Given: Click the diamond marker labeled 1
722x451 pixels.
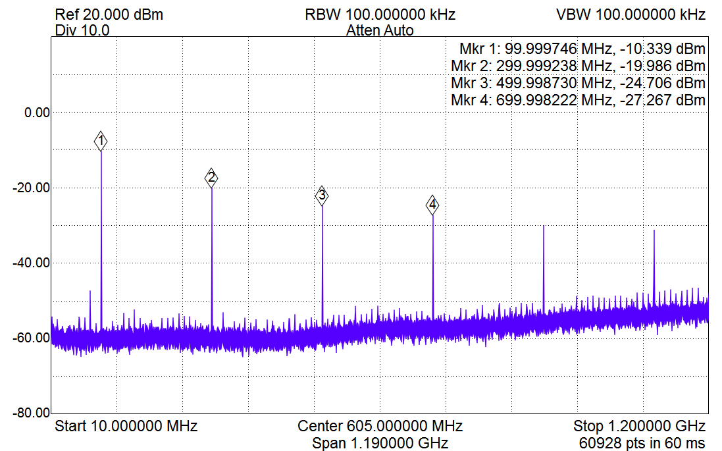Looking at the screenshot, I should click(x=101, y=141).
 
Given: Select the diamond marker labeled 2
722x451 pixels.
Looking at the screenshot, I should click(x=211, y=177).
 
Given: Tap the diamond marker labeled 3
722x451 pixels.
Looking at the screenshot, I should click(x=322, y=196).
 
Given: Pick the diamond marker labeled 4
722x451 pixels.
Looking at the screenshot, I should click(x=432, y=205).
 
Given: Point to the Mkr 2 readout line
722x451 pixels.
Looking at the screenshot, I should click(x=579, y=66).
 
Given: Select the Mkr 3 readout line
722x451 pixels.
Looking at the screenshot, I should click(x=579, y=83).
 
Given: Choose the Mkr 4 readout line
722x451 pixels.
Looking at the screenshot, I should click(x=579, y=100).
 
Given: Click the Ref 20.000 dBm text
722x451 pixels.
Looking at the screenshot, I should click(x=109, y=14).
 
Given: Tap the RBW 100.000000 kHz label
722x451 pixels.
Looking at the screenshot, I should click(x=380, y=14).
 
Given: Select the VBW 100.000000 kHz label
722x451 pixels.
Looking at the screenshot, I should click(x=631, y=14).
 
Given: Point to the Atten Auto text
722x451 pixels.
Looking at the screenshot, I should click(x=380, y=30).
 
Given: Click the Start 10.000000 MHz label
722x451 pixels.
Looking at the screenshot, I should click(x=126, y=425).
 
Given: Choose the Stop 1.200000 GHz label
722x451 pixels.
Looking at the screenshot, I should click(x=640, y=425).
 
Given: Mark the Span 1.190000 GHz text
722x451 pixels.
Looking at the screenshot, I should click(x=380, y=442).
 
